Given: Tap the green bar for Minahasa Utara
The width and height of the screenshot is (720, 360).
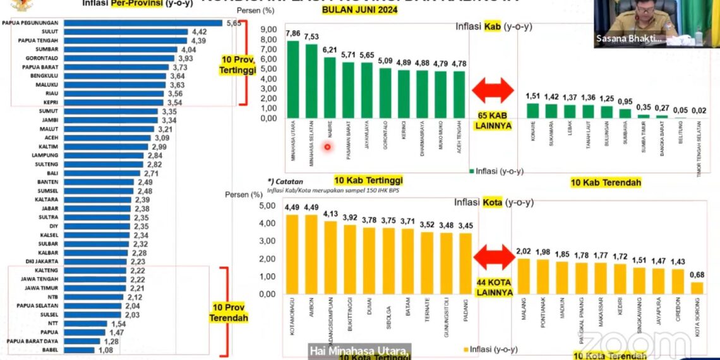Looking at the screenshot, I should (293, 79).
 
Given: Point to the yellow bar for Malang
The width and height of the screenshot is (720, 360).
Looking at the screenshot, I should (524, 276).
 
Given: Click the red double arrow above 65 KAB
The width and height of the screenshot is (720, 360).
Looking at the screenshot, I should (494, 91).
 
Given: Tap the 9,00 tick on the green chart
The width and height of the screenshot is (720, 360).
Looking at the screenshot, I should (268, 30).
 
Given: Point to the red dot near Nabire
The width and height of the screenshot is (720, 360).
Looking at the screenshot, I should (328, 147).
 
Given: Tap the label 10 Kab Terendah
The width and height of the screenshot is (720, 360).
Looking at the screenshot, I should (606, 183).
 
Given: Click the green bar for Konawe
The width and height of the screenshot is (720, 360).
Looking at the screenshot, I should (533, 111).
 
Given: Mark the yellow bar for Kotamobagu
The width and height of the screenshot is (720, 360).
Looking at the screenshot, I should (292, 255).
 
